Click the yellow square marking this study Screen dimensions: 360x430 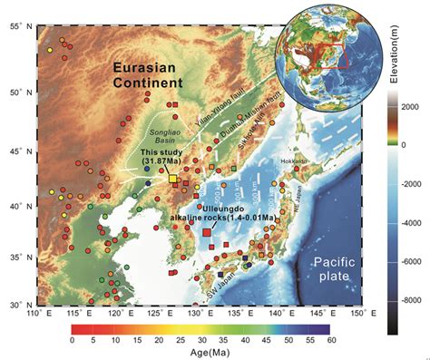(x=172, y=180)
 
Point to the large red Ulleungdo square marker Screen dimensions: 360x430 (x=207, y=233)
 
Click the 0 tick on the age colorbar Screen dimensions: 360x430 (x=72, y=340)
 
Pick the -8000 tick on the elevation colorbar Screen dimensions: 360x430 (x=407, y=298)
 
